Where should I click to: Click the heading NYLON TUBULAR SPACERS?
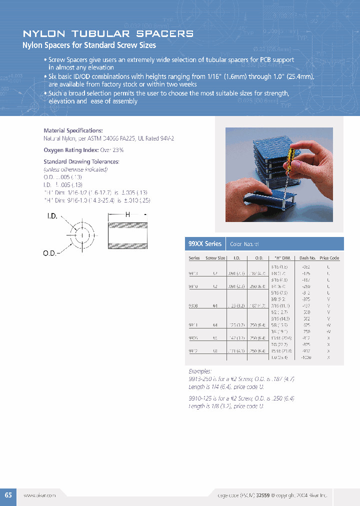(108, 34)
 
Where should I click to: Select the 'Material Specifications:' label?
(73, 130)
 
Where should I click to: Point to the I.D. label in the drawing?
(52, 216)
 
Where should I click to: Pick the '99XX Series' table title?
(204, 244)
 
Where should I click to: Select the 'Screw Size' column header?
(215, 258)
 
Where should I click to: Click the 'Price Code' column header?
(329, 258)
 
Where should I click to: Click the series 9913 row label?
(193, 274)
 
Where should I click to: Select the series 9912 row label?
(193, 351)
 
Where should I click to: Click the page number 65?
(8, 495)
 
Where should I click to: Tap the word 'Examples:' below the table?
(200, 371)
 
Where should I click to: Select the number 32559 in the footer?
(263, 495)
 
